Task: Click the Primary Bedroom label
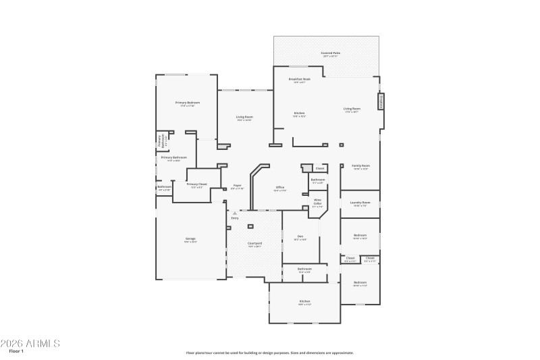(188, 103)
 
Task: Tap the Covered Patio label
(330, 53)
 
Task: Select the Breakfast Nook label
(299, 79)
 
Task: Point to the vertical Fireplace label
(381, 102)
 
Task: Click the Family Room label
(360, 165)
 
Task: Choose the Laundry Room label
(360, 203)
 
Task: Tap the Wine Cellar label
(317, 201)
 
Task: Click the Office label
(279, 187)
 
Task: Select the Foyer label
(237, 185)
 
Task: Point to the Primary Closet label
(196, 184)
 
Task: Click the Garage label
(190, 238)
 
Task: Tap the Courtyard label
(254, 243)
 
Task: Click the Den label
(300, 236)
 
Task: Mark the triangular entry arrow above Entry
(235, 213)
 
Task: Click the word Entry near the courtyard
(235, 218)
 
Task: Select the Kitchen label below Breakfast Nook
(299, 113)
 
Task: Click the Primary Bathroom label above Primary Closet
(174, 157)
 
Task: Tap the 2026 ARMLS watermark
(30, 343)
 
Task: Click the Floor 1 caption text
(16, 352)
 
